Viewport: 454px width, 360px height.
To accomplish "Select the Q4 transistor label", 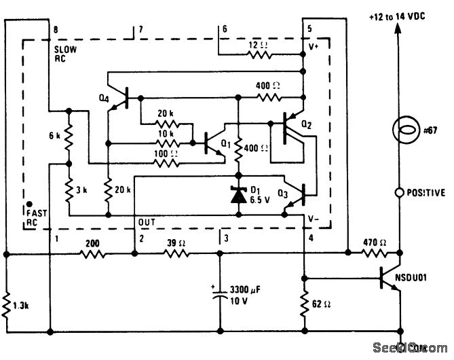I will point(102,96).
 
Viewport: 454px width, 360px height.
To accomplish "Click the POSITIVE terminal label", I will point(425,193).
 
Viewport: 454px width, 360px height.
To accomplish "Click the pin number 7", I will point(140,30).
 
